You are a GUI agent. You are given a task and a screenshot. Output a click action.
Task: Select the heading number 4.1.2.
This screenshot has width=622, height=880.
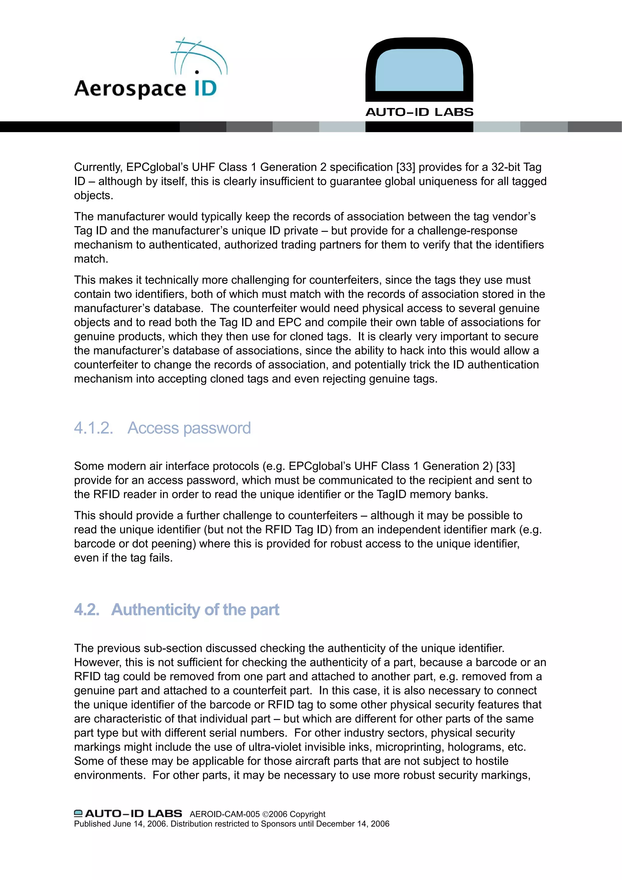(x=94, y=428)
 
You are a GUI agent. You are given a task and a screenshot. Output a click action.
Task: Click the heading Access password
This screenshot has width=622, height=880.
(x=189, y=428)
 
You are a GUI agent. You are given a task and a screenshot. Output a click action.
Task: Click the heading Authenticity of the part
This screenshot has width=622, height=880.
(x=195, y=610)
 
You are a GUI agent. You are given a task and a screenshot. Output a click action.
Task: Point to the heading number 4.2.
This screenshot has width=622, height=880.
(x=87, y=610)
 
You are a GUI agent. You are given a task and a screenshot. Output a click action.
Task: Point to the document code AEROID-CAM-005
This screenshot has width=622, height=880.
(x=224, y=814)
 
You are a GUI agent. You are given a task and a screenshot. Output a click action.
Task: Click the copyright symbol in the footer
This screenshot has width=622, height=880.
(x=265, y=814)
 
